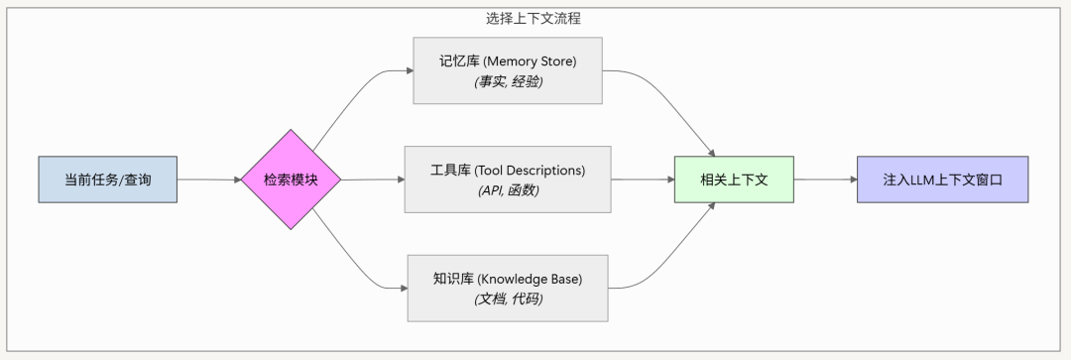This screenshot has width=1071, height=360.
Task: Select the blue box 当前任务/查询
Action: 108,180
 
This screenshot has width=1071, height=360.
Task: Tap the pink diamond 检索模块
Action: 291,180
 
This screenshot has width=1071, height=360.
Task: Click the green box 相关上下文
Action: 733,180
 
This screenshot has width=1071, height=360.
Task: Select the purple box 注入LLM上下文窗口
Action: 942,180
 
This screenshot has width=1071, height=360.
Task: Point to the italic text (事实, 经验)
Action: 508,81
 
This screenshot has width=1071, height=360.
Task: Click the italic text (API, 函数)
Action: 508,189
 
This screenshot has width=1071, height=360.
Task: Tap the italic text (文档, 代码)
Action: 508,299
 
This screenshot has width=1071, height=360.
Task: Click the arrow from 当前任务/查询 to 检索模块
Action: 209,180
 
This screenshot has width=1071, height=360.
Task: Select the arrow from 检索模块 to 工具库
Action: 372,180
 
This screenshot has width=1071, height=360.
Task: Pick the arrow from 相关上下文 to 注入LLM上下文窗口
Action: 824,180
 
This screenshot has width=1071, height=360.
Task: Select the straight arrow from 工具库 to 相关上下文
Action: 642,180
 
